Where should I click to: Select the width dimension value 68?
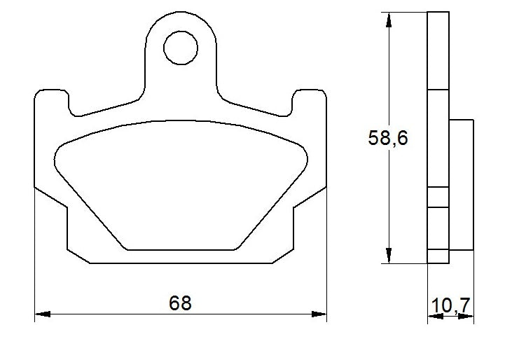tap(180, 303)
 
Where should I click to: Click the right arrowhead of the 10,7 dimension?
tap(466, 316)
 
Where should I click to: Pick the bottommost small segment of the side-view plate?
tap(437, 256)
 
